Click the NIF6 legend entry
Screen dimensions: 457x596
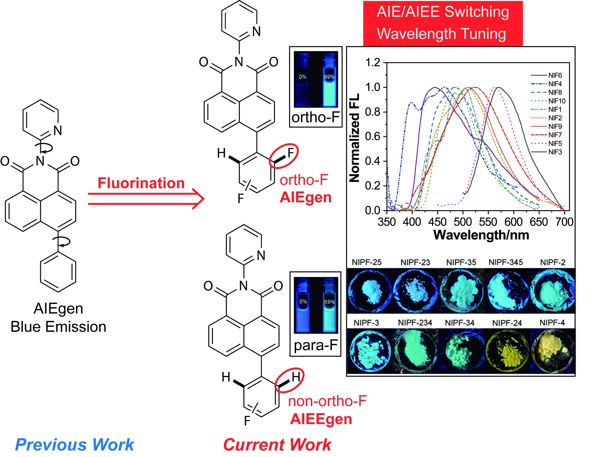(x=555, y=75)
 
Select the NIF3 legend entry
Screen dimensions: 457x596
(x=555, y=152)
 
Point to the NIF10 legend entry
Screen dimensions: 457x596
(x=557, y=101)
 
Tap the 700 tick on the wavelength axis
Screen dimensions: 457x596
(x=564, y=222)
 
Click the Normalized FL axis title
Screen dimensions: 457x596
(x=354, y=138)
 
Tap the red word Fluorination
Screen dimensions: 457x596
(x=141, y=183)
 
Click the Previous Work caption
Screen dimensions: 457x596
(x=75, y=445)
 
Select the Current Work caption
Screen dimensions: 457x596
(x=277, y=445)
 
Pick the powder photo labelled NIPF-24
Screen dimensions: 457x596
(x=507, y=351)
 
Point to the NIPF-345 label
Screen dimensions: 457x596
(x=505, y=262)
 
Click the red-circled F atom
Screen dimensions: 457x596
(x=291, y=153)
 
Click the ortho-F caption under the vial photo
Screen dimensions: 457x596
(x=315, y=117)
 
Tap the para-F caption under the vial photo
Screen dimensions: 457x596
(x=315, y=345)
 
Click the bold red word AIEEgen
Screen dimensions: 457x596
(x=321, y=419)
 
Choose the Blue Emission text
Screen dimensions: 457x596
(x=58, y=327)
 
